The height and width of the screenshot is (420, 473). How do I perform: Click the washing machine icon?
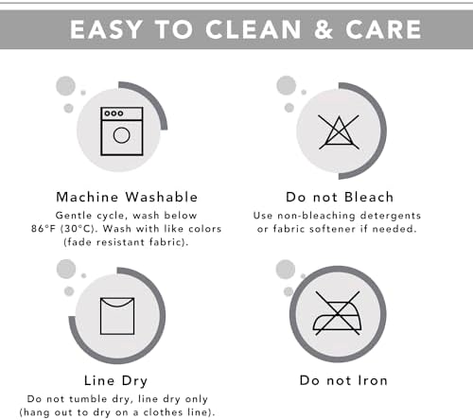click(x=122, y=131)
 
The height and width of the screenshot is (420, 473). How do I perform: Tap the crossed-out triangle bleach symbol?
click(x=339, y=132)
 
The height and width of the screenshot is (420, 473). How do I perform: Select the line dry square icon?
click(x=117, y=316)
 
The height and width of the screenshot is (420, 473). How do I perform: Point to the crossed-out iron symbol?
click(x=337, y=313)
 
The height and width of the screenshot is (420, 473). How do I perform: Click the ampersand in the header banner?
click(x=324, y=29)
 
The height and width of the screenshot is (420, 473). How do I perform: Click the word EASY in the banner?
click(x=106, y=29)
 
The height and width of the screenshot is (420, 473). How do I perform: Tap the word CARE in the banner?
click(x=383, y=29)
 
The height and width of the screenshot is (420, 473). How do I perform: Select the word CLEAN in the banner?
click(x=253, y=29)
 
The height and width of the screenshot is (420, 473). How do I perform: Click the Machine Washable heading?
click(x=127, y=197)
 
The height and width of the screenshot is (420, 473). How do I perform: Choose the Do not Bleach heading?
click(x=340, y=197)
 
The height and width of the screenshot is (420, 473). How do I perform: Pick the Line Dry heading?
click(x=115, y=381)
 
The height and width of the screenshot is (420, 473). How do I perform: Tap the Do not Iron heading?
click(x=343, y=380)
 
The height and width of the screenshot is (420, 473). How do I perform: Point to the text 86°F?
click(x=44, y=229)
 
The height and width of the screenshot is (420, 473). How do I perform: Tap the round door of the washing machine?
click(x=121, y=135)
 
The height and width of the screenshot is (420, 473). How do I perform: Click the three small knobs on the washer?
click(x=114, y=114)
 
